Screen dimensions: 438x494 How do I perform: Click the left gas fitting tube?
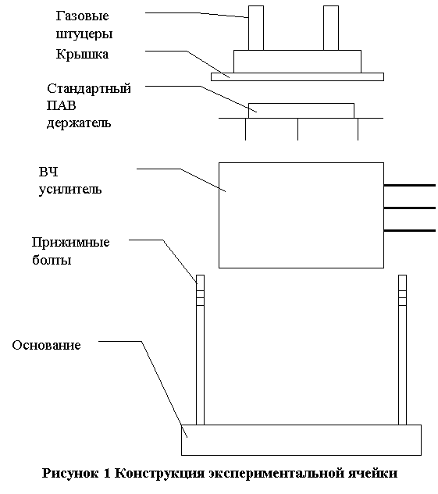(x=256, y=28)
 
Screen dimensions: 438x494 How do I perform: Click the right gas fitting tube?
(x=331, y=28)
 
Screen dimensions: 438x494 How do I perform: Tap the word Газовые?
(x=82, y=16)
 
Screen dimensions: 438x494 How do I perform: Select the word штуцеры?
(x=84, y=34)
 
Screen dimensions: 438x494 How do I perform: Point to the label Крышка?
(x=82, y=54)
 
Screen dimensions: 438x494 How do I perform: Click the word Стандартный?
(x=89, y=88)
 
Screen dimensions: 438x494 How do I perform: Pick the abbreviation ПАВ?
(x=62, y=105)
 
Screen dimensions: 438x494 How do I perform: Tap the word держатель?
(x=79, y=123)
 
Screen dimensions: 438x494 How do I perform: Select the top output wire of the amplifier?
(x=410, y=185)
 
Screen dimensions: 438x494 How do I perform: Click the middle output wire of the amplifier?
(x=410, y=208)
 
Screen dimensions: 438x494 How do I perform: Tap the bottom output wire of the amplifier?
(x=410, y=231)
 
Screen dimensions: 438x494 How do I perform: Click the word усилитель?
(x=70, y=190)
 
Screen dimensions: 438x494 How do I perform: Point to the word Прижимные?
(x=70, y=242)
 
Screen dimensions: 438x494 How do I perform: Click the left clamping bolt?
(x=200, y=350)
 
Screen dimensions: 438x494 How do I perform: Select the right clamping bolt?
(x=402, y=350)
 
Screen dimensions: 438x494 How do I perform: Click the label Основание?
(x=46, y=345)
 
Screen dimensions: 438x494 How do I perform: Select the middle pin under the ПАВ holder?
(x=297, y=130)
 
